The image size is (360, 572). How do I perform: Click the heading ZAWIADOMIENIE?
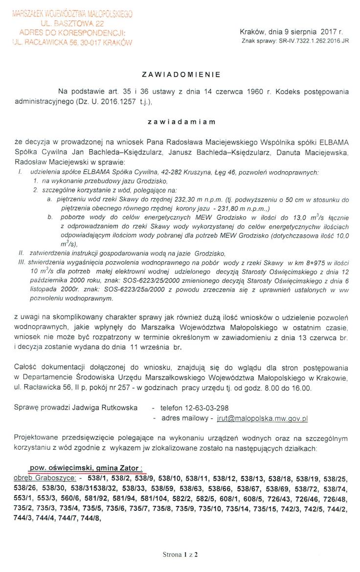pos(181,75)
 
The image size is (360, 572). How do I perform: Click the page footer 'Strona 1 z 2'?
pos(180,554)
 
